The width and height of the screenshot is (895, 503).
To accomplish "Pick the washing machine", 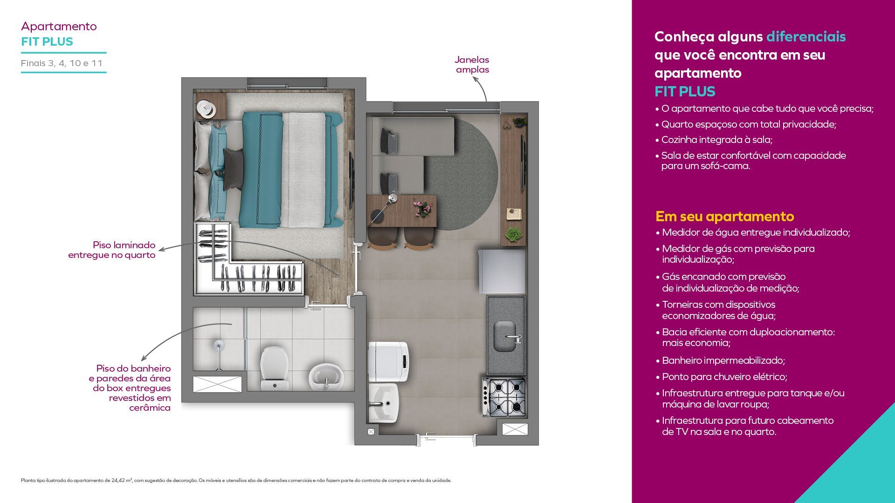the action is pos(388,361).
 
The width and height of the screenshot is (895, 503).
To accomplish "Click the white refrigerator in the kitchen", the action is pos(502,271).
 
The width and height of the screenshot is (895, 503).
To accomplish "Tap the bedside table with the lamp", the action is pos(211,106).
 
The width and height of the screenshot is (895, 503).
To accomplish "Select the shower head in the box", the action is pos(218,345).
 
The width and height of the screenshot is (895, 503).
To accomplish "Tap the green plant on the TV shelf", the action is pos(514,234).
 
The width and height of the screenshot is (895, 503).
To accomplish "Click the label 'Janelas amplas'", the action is pos(472,65).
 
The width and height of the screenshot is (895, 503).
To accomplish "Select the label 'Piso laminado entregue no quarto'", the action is pos(112,250).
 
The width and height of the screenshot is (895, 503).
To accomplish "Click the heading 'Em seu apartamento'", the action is pos(724,217).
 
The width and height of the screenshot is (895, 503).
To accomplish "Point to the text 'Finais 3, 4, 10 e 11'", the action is pos(62,63).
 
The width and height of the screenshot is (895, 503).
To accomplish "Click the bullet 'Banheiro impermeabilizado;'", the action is pos(723,360).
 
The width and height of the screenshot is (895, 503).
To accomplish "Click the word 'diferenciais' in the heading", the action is pos(806,36).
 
